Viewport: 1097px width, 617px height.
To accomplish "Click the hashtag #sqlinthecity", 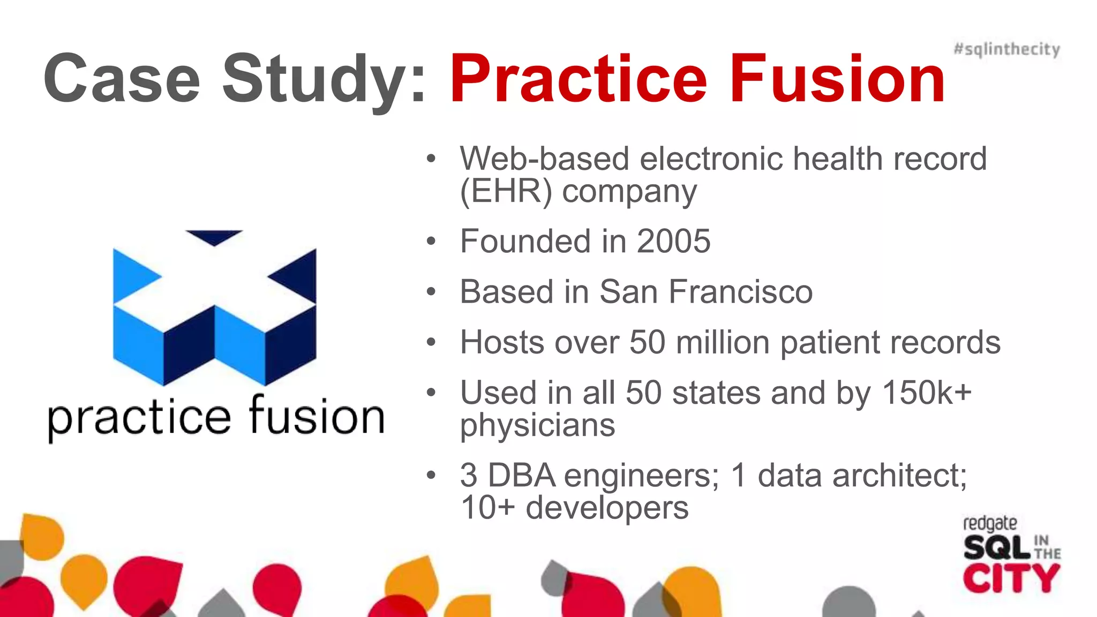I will click(x=1006, y=49).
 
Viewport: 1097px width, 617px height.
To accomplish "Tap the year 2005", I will click(x=673, y=242).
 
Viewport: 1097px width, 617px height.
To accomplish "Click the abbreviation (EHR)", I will click(x=506, y=191).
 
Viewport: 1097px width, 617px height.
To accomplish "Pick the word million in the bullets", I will click(x=723, y=342).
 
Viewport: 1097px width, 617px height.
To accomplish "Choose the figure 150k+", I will click(x=927, y=393).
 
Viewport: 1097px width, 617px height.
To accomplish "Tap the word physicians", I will click(x=537, y=426).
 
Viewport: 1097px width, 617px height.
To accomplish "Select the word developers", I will click(x=607, y=508).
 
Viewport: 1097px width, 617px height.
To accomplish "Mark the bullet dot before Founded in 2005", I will click(x=432, y=242).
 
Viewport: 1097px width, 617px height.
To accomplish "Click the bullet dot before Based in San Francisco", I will click(x=432, y=292).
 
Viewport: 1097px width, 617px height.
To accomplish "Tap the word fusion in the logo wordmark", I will click(x=317, y=417).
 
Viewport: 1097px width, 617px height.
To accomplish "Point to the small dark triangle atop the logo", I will click(x=214, y=237).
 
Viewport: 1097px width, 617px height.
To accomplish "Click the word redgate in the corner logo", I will click(x=989, y=523).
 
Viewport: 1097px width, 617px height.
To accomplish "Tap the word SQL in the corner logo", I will click(x=996, y=547).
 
